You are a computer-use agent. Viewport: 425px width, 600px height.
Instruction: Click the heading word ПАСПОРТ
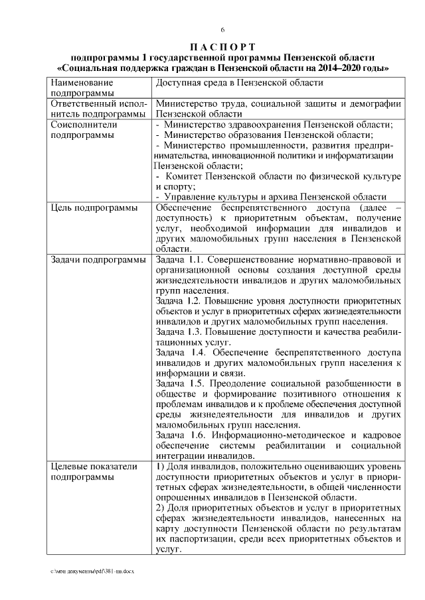(x=223, y=46)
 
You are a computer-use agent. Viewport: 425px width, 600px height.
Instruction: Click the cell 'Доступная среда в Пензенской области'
(x=239, y=83)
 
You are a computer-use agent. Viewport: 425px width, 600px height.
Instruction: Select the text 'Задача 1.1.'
(x=178, y=259)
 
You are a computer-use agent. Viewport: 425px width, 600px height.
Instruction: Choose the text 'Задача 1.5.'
(x=178, y=384)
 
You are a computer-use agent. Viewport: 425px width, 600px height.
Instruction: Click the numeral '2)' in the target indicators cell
(x=160, y=509)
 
